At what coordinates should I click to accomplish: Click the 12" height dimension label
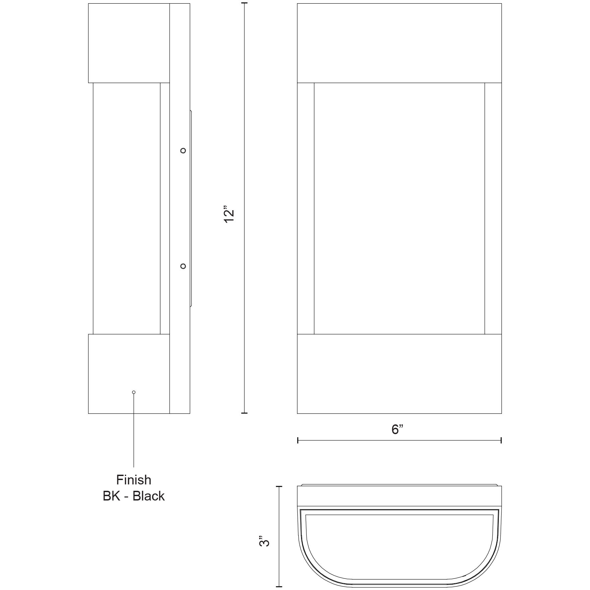pyautogui.click(x=229, y=216)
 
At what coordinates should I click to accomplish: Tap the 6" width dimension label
pyautogui.click(x=397, y=429)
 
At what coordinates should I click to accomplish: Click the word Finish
pyautogui.click(x=134, y=480)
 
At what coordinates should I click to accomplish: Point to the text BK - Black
pyautogui.click(x=134, y=496)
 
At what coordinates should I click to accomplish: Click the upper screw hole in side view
pyautogui.click(x=183, y=151)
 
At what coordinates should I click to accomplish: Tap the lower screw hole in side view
pyautogui.click(x=183, y=266)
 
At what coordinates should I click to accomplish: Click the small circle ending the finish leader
pyautogui.click(x=134, y=392)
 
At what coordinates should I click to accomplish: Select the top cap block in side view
pyautogui.click(x=129, y=43)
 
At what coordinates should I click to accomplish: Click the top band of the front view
pyautogui.click(x=399, y=43)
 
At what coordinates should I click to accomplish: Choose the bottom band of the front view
pyautogui.click(x=399, y=374)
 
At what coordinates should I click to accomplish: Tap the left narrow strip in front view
pyautogui.click(x=306, y=208)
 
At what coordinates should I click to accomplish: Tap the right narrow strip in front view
pyautogui.click(x=493, y=208)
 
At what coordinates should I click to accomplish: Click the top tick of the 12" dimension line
pyautogui.click(x=244, y=3)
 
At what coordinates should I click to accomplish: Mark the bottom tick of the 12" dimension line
pyautogui.click(x=244, y=413)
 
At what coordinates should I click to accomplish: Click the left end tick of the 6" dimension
pyautogui.click(x=298, y=440)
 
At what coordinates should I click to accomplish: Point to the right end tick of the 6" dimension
pyautogui.click(x=501, y=440)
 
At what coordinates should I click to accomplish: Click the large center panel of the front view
pyautogui.click(x=399, y=208)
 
